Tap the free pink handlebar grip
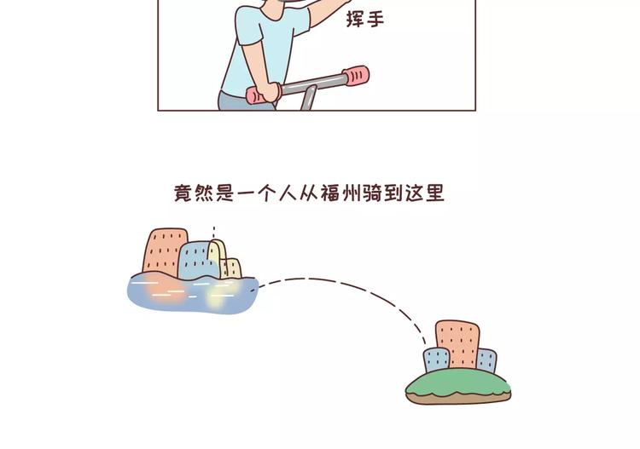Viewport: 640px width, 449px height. pyautogui.click(x=356, y=77)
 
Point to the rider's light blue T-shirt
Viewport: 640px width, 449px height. pyautogui.click(x=256, y=51)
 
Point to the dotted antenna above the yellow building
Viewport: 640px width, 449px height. pyautogui.click(x=213, y=232)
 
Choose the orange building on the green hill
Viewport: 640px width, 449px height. pyautogui.click(x=456, y=343)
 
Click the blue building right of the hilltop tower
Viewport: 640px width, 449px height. pyautogui.click(x=486, y=360)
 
